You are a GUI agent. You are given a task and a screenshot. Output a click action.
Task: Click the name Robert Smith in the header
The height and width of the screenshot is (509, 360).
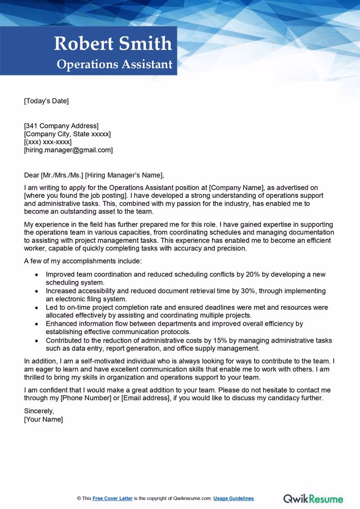(113, 44)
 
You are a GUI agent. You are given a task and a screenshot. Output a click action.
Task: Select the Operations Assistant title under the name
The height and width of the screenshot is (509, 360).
(114, 64)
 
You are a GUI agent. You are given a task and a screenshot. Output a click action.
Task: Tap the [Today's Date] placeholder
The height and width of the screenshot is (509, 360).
(46, 101)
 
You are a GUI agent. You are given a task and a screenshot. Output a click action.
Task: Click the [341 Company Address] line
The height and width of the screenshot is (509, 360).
(61, 126)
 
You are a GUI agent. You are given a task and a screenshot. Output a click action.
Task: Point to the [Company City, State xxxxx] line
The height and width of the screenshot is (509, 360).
(67, 134)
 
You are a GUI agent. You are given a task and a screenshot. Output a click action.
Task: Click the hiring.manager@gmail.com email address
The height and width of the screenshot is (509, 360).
(68, 150)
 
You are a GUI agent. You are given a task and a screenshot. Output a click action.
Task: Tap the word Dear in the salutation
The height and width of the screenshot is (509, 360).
(31, 175)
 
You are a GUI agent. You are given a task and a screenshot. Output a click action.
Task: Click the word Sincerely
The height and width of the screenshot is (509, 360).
(39, 411)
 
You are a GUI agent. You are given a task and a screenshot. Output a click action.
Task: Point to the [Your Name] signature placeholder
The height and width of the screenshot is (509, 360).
(43, 420)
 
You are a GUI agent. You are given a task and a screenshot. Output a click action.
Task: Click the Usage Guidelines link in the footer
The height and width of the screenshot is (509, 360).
(234, 498)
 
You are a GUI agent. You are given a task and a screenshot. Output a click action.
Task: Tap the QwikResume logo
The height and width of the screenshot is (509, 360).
(313, 499)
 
